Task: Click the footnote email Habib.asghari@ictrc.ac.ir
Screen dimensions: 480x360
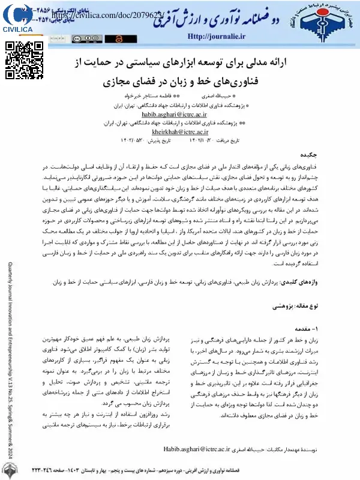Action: click(x=197, y=448)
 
